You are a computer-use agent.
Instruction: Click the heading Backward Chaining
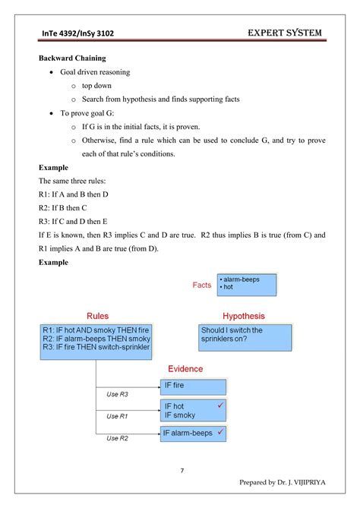[x=73, y=58]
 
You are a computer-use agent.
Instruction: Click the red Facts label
[x=202, y=285]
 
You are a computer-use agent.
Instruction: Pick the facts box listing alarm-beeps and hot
[x=246, y=284]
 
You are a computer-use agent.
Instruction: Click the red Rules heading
[x=97, y=315]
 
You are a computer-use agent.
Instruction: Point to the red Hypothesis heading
[x=243, y=315]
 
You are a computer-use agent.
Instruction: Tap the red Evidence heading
[x=185, y=369]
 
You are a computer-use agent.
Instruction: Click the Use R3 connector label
[x=117, y=394]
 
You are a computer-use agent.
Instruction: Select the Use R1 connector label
[x=117, y=416]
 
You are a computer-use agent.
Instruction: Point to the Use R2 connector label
[x=117, y=438]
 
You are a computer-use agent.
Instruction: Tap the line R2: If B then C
[x=62, y=207]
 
